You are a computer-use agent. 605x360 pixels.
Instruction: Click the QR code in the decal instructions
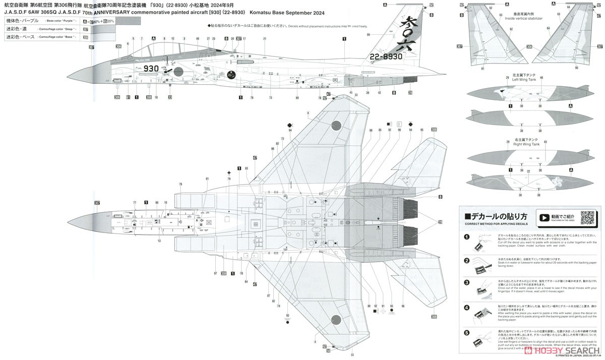588,217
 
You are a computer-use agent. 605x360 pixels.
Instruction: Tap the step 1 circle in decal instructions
466,237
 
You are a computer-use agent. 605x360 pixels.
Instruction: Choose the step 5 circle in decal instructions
466,332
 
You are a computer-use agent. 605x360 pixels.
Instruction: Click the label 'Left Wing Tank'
521,79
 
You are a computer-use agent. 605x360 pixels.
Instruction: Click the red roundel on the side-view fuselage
178,71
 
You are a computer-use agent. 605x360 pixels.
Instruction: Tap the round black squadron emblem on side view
232,75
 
